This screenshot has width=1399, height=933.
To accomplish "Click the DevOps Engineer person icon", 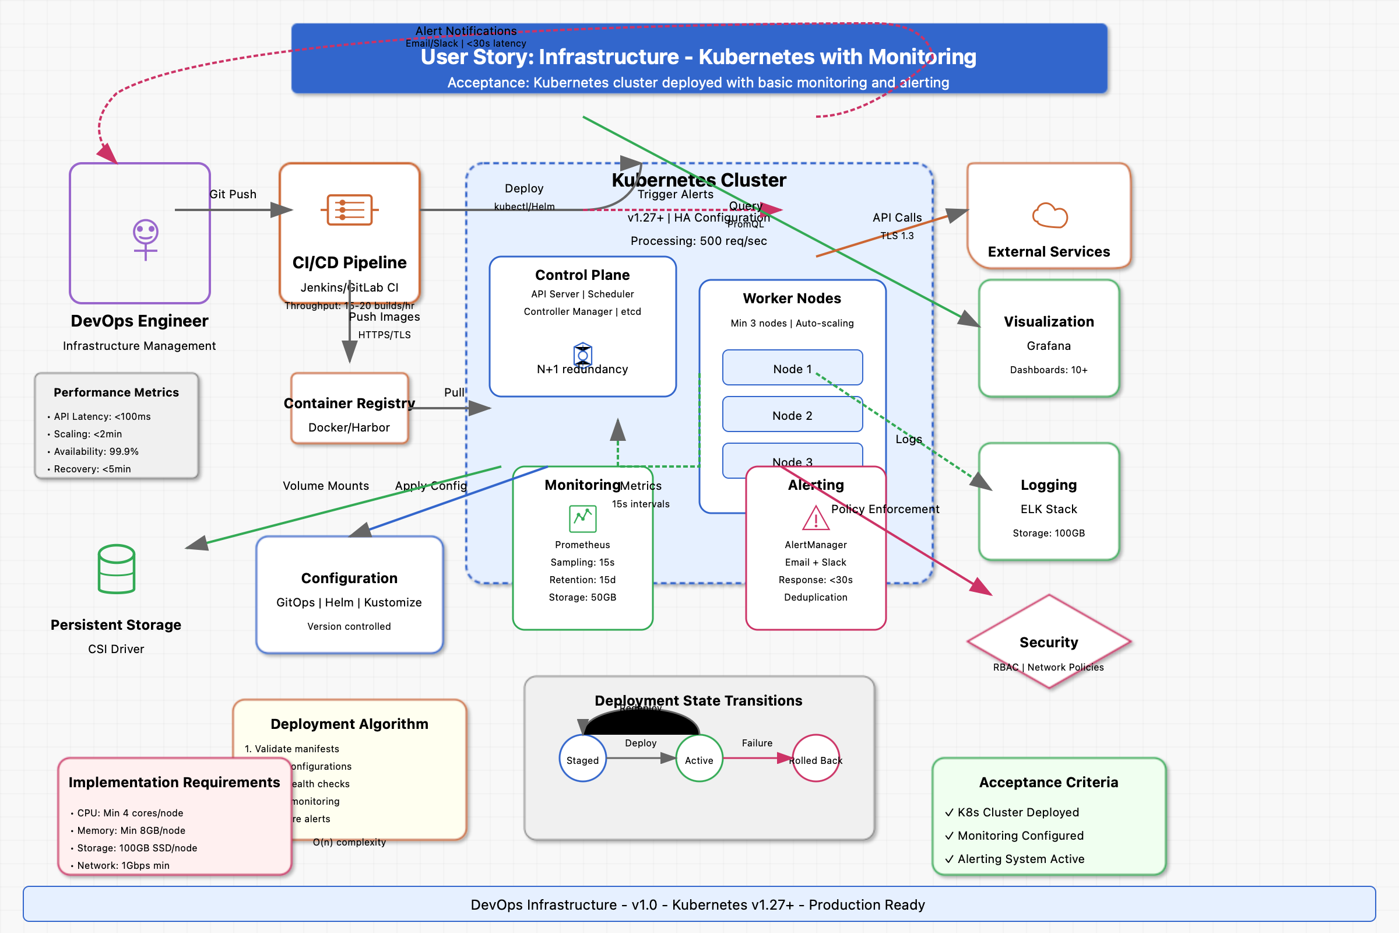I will [x=145, y=238].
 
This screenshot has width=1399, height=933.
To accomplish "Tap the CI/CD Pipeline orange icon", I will [x=349, y=210].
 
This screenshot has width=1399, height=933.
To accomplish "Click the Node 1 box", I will [x=792, y=369].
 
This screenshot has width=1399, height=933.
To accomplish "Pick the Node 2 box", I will [x=792, y=415].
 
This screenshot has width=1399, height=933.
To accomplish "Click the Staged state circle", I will [x=582, y=759].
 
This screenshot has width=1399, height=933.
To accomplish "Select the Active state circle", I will [x=698, y=759].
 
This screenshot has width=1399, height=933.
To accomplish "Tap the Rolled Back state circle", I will [x=816, y=759].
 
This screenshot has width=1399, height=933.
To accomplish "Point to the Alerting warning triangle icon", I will [x=816, y=518].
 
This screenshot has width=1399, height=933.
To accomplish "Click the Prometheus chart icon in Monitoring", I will [x=582, y=518].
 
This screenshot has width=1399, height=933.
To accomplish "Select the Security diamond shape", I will [x=1049, y=641].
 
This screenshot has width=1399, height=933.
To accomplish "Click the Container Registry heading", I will [x=349, y=404].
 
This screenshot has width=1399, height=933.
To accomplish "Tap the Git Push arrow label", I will [x=233, y=194].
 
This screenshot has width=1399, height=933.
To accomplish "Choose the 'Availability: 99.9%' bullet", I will [x=96, y=451].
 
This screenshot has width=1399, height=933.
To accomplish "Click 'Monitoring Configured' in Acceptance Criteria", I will [x=1020, y=836].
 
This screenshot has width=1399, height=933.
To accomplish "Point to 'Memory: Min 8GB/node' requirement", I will [x=131, y=830].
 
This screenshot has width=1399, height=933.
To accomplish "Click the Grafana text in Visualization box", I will [x=1049, y=346].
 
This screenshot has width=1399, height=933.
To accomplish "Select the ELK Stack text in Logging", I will [x=1049, y=509].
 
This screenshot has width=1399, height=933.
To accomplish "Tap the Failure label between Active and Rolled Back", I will [x=757, y=742].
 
